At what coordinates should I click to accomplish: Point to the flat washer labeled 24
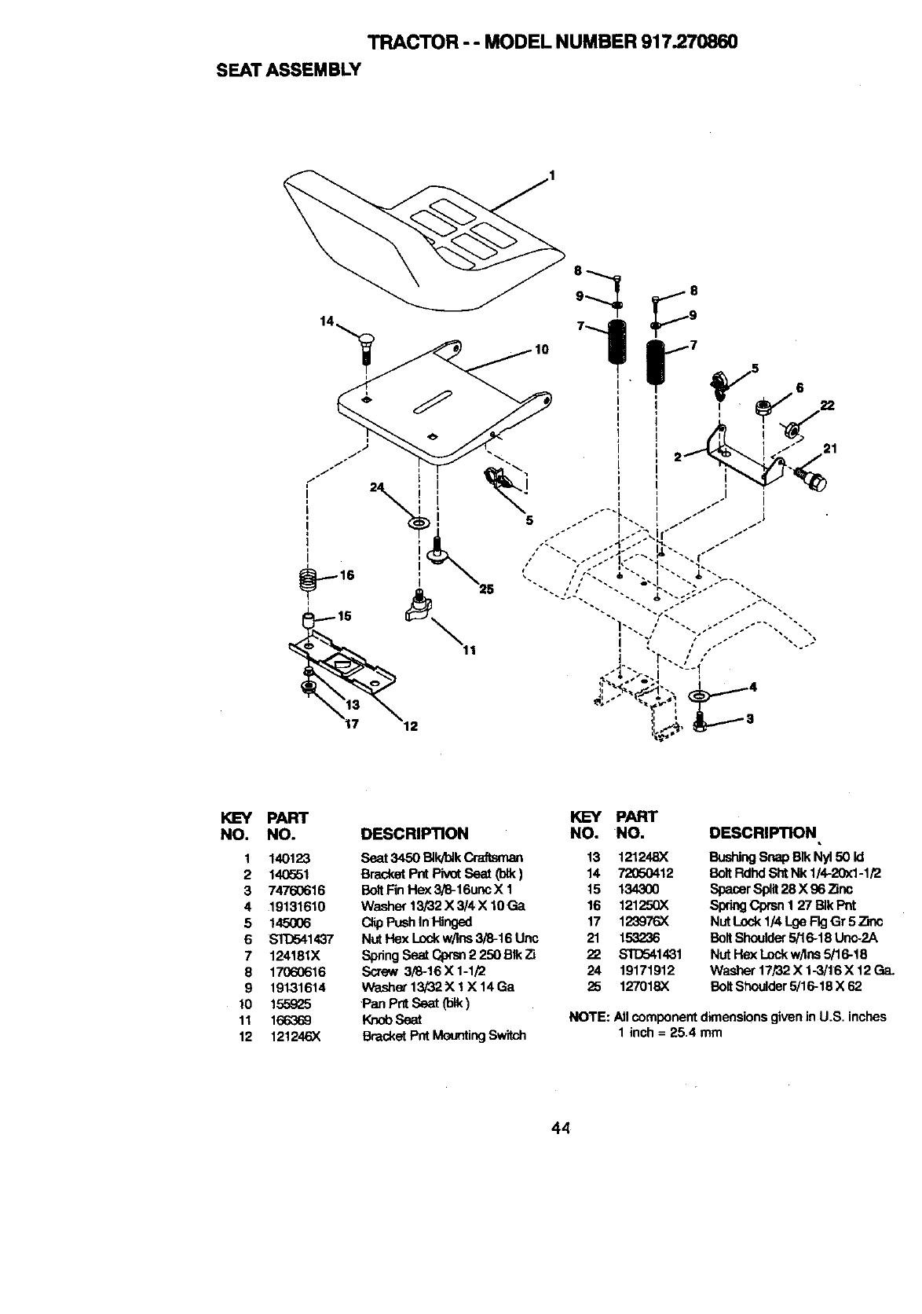point(418,521)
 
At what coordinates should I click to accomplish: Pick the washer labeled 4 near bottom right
point(697,696)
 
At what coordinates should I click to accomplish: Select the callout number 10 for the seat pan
point(541,349)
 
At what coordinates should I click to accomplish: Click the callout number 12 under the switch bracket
point(409,727)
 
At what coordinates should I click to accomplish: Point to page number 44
point(560,1129)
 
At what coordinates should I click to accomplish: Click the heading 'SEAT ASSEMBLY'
point(287,69)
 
